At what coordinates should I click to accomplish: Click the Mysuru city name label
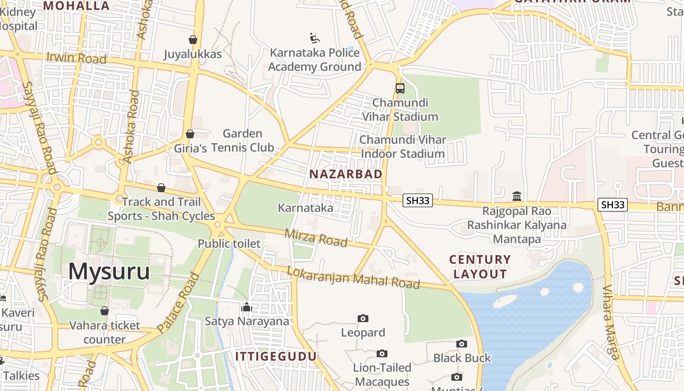point(108,272)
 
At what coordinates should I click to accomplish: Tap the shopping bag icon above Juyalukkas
point(193,40)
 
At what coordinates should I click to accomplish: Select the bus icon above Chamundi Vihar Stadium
point(400,88)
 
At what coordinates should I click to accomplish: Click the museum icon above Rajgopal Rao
point(517,196)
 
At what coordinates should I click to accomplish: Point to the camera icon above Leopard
point(363,319)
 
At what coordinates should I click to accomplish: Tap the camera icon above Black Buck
point(462,344)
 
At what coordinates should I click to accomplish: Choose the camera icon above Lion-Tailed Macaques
point(382,353)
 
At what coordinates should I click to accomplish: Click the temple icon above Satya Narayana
point(247,307)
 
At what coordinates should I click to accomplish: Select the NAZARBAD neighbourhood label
point(346,174)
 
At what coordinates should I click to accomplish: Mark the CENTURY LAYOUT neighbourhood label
point(480,267)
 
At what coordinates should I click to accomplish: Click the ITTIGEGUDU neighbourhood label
point(276,356)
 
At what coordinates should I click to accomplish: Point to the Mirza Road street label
point(316,238)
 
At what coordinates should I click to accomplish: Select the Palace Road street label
point(179,302)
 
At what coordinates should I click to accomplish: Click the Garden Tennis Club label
point(242,141)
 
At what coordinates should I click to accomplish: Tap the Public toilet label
point(229,243)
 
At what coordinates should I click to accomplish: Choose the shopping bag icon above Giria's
point(190,134)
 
